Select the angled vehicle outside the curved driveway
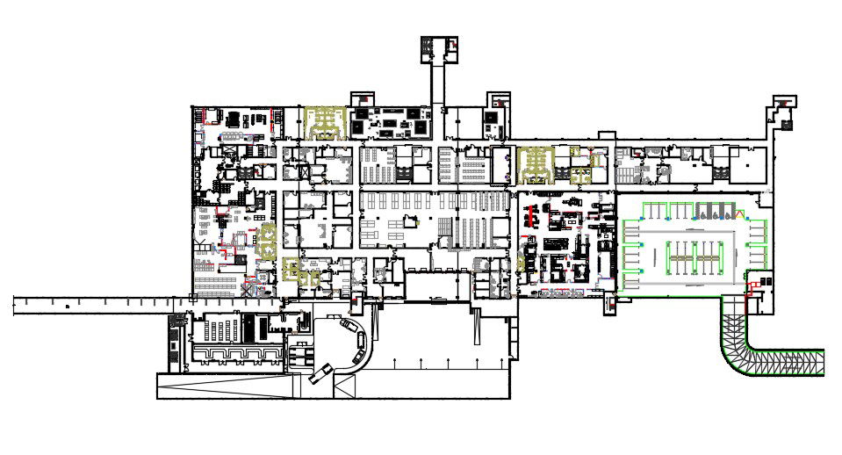coord(321,372)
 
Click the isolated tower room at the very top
coord(438,48)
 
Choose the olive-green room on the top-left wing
coord(324,123)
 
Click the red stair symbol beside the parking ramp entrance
coord(752,285)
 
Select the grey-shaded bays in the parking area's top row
coord(714,212)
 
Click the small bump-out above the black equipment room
coord(363,98)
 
